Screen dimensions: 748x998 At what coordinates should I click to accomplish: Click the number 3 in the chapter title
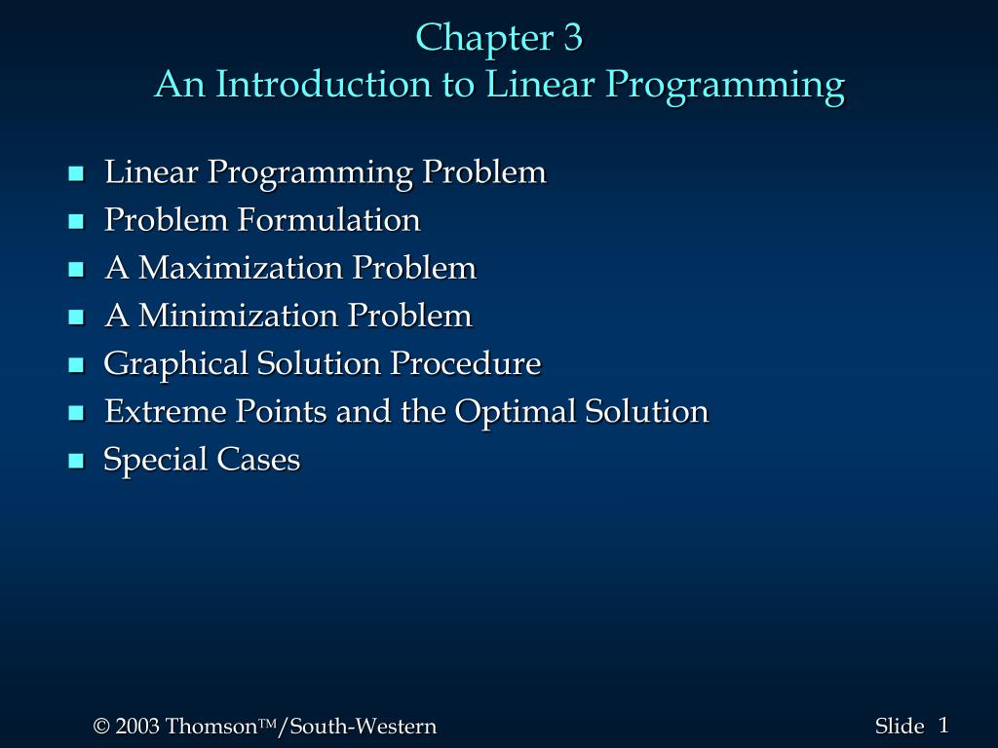571,38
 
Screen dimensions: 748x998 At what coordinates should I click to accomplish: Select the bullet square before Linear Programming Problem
76,174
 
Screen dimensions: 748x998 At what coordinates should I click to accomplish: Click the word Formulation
328,220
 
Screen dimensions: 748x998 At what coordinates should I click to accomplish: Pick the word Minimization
239,316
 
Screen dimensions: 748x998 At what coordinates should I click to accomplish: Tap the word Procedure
465,364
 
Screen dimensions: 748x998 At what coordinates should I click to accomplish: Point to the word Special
156,460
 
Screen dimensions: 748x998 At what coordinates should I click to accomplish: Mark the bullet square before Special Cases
76,462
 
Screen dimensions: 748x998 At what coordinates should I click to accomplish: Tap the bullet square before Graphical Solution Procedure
76,366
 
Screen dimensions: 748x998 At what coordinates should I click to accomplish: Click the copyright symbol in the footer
100,727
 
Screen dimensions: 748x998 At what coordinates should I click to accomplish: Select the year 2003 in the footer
136,727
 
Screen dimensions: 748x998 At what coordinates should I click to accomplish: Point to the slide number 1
943,725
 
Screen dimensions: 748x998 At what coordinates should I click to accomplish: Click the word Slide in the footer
899,727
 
